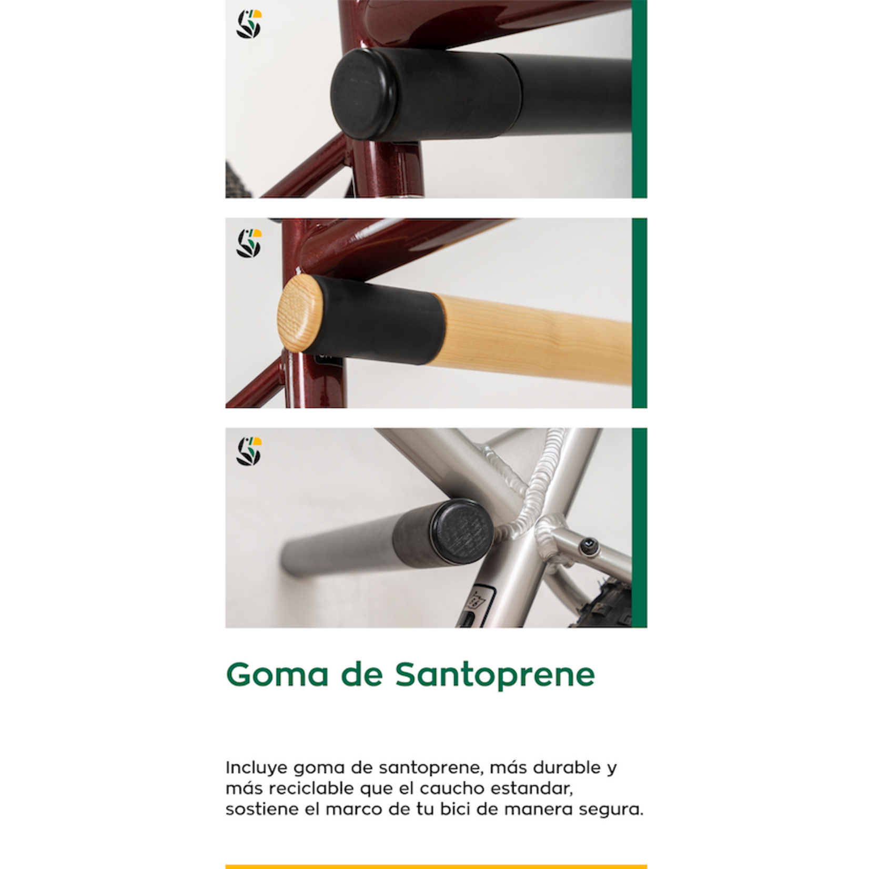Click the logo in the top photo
(x=249, y=24)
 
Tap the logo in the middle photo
(x=249, y=243)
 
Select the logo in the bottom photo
(x=249, y=451)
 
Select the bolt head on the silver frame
(x=589, y=548)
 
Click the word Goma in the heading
(x=277, y=674)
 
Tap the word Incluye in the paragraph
(x=256, y=768)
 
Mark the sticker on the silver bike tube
(x=480, y=605)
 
